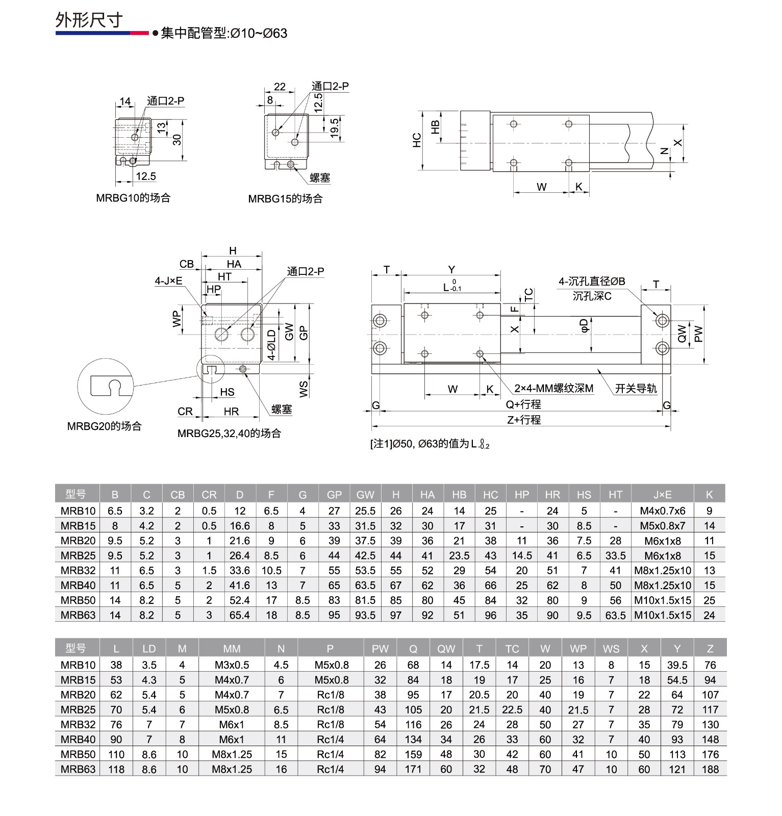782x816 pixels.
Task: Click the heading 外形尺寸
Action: click(89, 20)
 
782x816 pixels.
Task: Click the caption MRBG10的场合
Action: click(133, 198)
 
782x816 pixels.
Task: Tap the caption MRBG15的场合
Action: click(285, 199)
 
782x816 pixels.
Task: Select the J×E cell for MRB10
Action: click(662, 511)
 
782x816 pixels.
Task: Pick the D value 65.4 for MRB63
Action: click(240, 616)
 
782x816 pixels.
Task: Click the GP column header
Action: click(334, 495)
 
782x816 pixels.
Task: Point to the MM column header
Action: click(232, 649)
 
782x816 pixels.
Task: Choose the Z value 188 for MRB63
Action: click(710, 770)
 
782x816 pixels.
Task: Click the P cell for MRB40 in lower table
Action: click(330, 739)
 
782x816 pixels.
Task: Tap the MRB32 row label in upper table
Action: click(78, 571)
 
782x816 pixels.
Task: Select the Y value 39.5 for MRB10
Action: click(677, 666)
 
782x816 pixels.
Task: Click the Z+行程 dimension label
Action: click(524, 420)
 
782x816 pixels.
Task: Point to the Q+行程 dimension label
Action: click(523, 404)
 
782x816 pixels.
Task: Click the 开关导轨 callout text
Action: click(636, 389)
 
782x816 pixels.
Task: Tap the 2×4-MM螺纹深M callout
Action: click(553, 389)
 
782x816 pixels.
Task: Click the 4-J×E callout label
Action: click(168, 281)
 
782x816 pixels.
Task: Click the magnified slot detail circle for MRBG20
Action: click(105, 386)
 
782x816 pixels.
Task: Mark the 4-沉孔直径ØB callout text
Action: click(592, 282)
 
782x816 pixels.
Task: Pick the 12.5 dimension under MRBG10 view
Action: click(145, 176)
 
